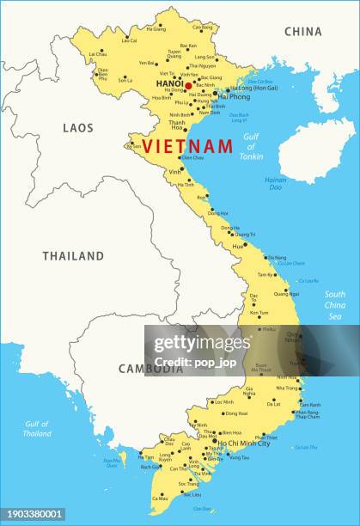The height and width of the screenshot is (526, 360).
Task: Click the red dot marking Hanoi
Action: (188, 86)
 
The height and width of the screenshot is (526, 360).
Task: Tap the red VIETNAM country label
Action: (187, 146)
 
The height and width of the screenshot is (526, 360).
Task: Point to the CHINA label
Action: (303, 32)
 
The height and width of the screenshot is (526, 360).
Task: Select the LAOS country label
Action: (77, 127)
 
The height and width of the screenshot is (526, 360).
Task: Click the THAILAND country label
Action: (73, 255)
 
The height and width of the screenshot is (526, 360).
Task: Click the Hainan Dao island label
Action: (275, 184)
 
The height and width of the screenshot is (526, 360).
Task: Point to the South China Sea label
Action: (335, 305)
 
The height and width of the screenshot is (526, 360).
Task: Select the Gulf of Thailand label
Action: (37, 429)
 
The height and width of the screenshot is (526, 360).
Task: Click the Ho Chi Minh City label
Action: (244, 443)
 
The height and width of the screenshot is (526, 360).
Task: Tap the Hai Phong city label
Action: (234, 97)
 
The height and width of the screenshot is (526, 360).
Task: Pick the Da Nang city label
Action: (277, 257)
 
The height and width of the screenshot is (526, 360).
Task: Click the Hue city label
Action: (238, 246)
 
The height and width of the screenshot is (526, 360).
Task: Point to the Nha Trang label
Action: (287, 388)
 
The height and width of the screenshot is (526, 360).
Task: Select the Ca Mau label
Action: (160, 498)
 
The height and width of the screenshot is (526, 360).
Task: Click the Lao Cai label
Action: (129, 40)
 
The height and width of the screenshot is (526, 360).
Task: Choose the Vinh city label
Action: (174, 172)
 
